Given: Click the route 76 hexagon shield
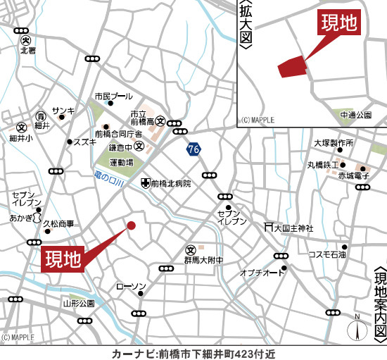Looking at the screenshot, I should (x=193, y=149).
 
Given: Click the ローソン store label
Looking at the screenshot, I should (x=130, y=287).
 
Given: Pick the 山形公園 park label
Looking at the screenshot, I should (x=78, y=304).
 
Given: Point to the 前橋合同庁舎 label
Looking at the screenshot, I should (x=118, y=133).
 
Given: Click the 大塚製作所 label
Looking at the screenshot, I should (x=334, y=142).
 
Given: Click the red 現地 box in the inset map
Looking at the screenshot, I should (x=341, y=24).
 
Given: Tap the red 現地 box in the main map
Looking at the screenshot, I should (x=63, y=259).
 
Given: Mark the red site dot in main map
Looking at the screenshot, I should (x=131, y=225).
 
